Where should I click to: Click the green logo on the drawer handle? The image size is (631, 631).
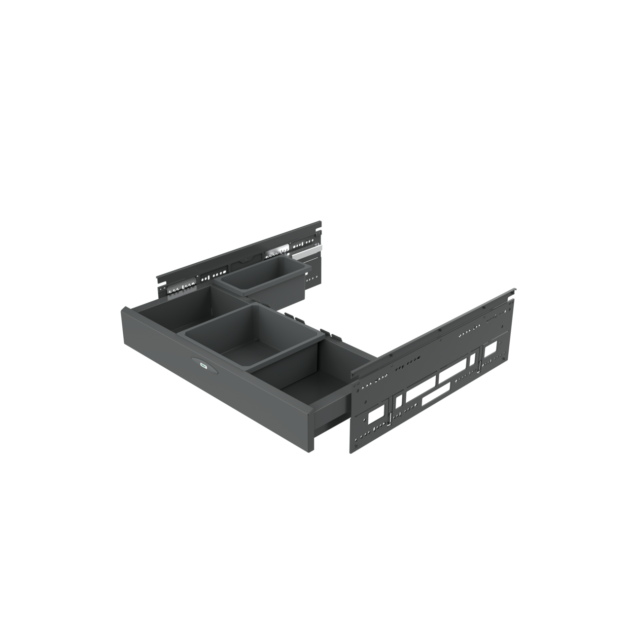(203, 365)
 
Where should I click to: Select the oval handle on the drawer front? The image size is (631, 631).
(203, 365)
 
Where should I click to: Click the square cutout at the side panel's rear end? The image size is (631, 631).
(491, 350)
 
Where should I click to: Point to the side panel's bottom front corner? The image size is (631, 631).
(352, 452)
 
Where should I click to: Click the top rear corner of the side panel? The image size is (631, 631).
(514, 288)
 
